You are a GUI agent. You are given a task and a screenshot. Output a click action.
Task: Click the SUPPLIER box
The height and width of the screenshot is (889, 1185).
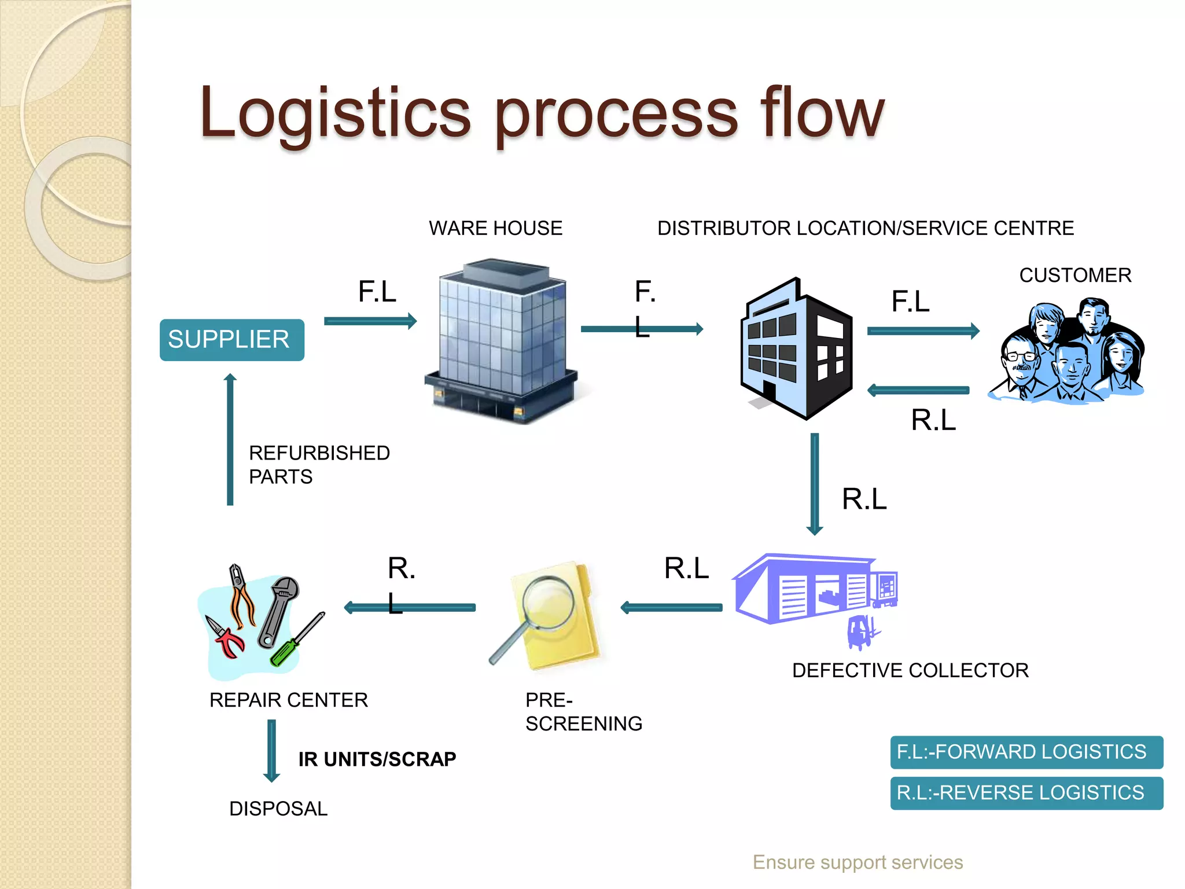coord(231,340)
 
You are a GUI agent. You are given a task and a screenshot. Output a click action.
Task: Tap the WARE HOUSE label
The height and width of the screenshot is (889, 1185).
coord(495,228)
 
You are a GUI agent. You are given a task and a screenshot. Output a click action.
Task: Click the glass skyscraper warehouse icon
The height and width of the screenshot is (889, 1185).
coord(501,341)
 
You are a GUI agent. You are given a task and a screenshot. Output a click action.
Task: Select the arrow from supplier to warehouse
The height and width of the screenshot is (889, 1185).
coord(370,321)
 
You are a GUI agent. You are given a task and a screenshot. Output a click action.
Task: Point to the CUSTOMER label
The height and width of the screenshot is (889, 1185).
coord(1075,275)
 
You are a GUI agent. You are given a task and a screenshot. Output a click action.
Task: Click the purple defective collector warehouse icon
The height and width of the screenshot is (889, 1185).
coord(810,590)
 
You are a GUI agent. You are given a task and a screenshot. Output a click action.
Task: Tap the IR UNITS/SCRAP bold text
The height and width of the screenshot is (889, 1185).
coord(377,759)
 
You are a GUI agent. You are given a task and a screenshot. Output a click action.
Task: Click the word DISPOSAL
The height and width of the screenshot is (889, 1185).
coord(278,809)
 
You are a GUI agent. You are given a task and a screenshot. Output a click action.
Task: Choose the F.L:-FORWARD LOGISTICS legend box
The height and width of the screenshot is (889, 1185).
coord(1026,752)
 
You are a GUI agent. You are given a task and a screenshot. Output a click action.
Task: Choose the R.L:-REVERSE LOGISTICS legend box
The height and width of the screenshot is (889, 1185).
coord(1026,793)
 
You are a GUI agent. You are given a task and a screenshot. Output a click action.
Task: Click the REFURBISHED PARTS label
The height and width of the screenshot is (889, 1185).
coord(319,464)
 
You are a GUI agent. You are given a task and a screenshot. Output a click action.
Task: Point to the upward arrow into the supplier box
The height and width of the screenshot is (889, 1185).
coord(230,440)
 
